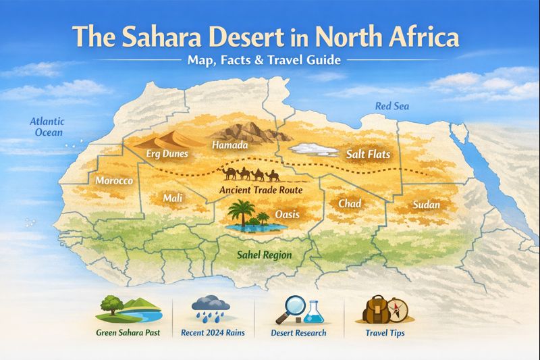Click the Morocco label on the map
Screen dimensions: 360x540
pyautogui.click(x=113, y=181)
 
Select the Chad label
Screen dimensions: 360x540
pyautogui.click(x=349, y=203)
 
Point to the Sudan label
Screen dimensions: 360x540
pyautogui.click(x=426, y=205)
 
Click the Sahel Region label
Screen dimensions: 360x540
pyautogui.click(x=263, y=255)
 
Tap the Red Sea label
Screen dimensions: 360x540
pyautogui.click(x=392, y=106)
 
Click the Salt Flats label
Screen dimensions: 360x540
pyautogui.click(x=369, y=155)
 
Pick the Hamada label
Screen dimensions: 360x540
pyautogui.click(x=230, y=145)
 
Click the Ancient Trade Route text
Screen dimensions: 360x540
pyautogui.click(x=260, y=190)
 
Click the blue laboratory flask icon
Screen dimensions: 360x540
pyautogui.click(x=313, y=312)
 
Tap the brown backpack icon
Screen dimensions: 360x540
pyautogui.click(x=374, y=311)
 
